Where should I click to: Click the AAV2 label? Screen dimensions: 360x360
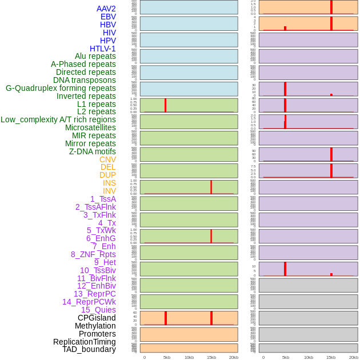tap(106, 9)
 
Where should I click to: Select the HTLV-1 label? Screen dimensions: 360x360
tap(103, 49)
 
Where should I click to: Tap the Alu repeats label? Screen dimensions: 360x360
tap(95, 56)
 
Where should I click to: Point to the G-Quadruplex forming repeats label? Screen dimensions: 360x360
tap(61, 88)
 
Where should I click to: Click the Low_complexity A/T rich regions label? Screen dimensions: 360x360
tap(58, 119)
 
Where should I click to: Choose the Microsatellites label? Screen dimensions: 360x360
tap(90, 127)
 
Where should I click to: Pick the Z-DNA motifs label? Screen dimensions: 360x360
tap(93, 151)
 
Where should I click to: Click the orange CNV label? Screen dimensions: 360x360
tap(107, 159)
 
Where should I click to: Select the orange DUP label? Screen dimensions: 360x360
tap(107, 175)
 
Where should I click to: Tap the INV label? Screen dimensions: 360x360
tap(109, 191)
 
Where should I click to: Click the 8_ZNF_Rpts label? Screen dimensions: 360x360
tap(93, 254)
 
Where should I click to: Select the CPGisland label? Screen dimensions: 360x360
tap(97, 318)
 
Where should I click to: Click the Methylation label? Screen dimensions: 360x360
tap(95, 326)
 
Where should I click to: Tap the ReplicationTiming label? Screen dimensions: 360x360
tap(84, 342)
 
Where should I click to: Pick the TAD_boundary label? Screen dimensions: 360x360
tap(89, 349)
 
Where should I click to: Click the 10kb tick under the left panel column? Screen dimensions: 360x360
tap(189, 357)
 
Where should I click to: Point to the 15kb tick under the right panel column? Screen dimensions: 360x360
tap(331, 357)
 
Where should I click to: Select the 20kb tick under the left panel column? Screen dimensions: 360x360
tap(234, 357)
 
